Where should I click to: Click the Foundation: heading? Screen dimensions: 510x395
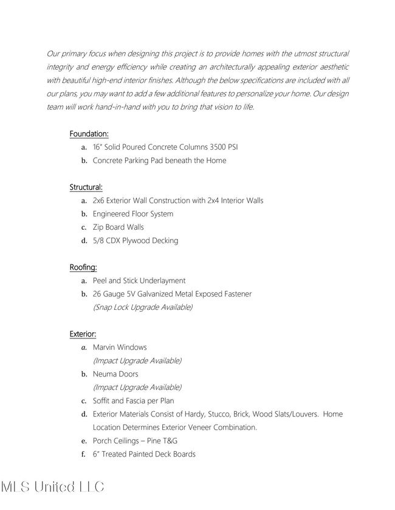tap(89, 133)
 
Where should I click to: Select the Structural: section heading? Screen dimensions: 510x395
tap(86, 187)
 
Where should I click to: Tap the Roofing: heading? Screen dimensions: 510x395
tap(83, 267)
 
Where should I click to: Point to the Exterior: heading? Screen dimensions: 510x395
tap(83, 334)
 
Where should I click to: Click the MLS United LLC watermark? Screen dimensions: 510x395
tap(52, 486)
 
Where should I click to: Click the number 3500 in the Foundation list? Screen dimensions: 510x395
tap(218, 147)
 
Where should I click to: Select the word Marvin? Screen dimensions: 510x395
tap(105, 347)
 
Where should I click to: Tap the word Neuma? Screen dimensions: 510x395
tap(104, 374)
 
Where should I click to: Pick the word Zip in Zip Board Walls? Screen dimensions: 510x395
tap(98, 227)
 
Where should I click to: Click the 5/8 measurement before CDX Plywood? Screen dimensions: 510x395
tap(99, 241)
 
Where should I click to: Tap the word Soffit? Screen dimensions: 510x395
tap(103, 401)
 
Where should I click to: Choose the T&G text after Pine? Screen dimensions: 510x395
tap(168, 441)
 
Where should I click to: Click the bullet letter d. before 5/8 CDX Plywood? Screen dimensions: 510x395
tap(84, 241)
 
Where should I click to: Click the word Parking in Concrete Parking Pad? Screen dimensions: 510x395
tap(137, 161)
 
